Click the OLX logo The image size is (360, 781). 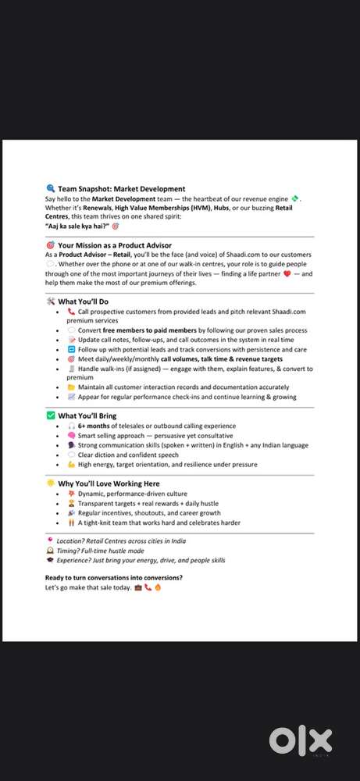[300, 740]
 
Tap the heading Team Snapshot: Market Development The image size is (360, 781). [121, 188]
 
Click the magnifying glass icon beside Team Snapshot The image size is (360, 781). [51, 188]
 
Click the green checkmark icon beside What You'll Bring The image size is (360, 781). [51, 415]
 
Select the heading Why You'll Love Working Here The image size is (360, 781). [109, 483]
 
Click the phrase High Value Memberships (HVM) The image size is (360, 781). [152, 208]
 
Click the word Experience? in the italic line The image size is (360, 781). [77, 560]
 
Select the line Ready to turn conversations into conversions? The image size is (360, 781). [114, 577]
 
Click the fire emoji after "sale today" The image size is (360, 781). [157, 587]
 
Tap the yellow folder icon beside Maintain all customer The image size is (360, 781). [71, 387]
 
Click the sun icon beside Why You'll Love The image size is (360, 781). [51, 483]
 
